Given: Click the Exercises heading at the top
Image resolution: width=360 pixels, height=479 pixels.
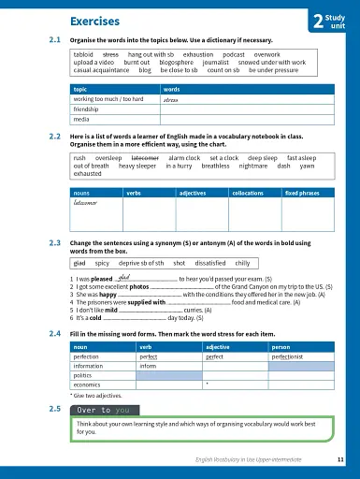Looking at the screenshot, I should tap(99, 21).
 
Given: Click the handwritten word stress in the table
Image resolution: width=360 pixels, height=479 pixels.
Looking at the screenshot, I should tap(170, 98).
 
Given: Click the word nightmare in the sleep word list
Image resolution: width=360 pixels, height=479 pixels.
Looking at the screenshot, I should tap(263, 166).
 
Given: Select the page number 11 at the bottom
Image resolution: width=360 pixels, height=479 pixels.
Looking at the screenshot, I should tap(338, 461).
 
